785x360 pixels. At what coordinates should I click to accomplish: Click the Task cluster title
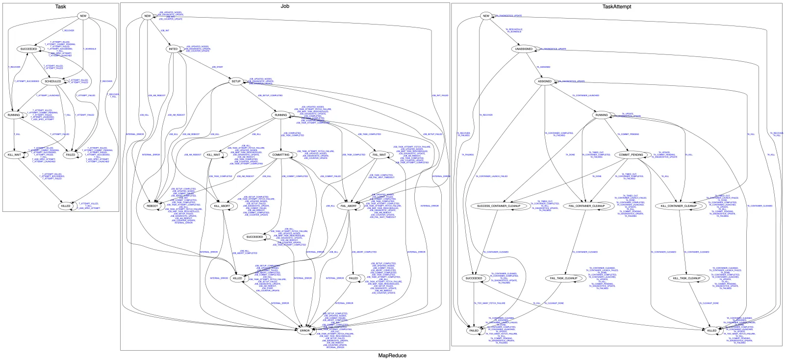(x=61, y=6)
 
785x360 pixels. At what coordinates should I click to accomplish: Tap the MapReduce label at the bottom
(x=392, y=356)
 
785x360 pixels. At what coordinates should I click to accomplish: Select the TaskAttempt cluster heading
(x=616, y=6)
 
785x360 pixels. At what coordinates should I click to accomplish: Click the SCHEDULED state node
(x=53, y=81)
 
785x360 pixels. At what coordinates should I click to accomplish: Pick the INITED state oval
(x=173, y=49)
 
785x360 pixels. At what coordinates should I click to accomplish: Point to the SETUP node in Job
(x=236, y=81)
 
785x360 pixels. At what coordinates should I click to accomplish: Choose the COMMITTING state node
(x=280, y=155)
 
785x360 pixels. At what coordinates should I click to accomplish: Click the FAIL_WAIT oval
(x=380, y=155)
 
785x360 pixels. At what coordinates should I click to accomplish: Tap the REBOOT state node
(x=152, y=206)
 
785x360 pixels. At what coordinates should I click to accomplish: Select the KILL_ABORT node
(x=222, y=206)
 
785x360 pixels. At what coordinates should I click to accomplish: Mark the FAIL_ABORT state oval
(x=349, y=206)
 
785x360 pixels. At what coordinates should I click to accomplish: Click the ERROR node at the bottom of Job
(x=305, y=331)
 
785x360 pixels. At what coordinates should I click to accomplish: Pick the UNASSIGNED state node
(x=524, y=49)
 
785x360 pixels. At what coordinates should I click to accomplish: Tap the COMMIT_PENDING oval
(x=631, y=155)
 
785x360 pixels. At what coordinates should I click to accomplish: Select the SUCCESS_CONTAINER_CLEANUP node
(x=499, y=206)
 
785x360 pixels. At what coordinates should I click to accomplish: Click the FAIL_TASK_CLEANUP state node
(x=562, y=279)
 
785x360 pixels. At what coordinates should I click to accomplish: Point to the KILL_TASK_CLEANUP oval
(x=686, y=279)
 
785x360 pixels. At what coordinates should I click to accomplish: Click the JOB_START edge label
(x=217, y=67)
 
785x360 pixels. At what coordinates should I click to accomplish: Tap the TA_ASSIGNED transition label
(x=544, y=67)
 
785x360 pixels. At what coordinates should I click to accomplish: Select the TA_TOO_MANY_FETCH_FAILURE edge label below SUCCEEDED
(x=489, y=304)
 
